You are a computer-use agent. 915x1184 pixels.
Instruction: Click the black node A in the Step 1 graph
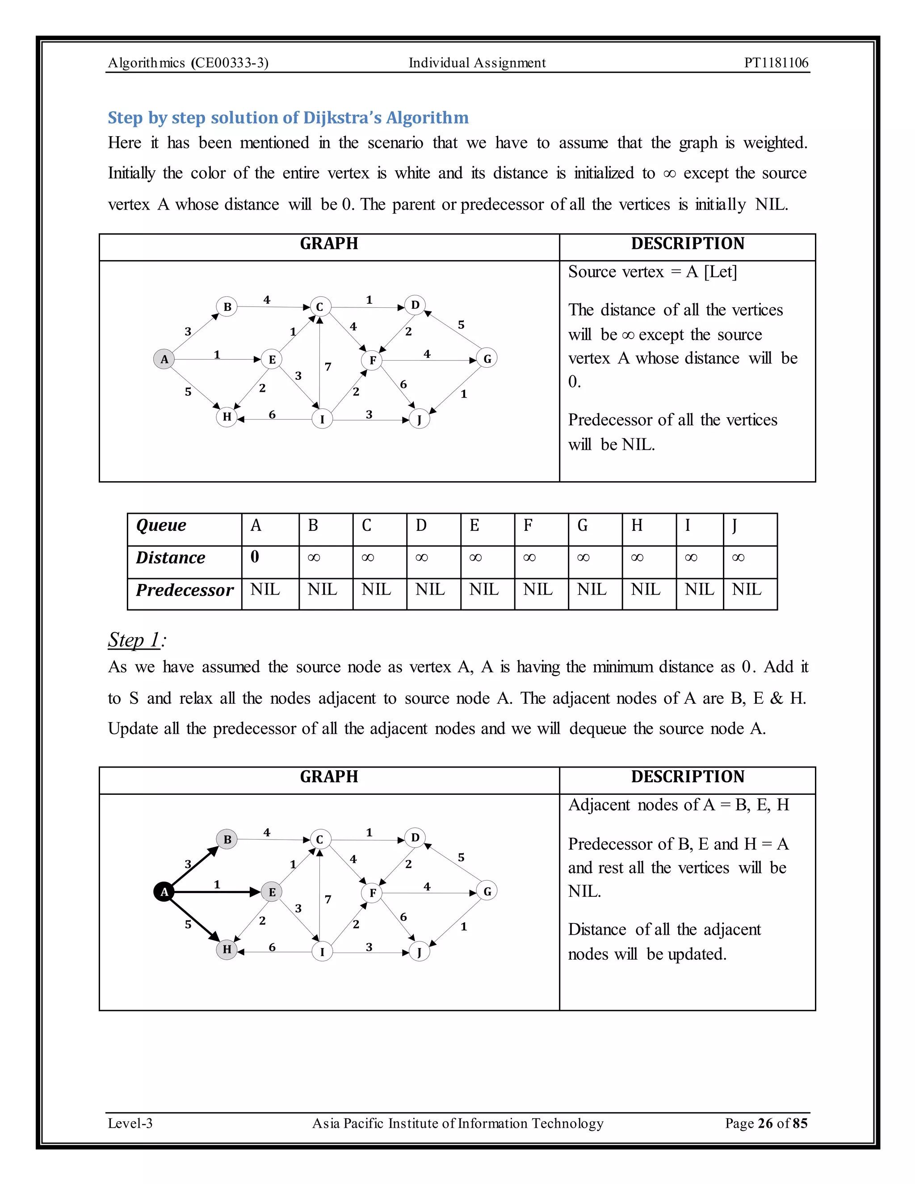[164, 891]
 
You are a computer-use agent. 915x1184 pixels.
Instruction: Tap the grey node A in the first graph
[164, 359]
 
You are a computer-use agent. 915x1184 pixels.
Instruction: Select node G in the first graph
[487, 358]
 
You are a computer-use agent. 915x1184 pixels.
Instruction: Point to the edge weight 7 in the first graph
[328, 367]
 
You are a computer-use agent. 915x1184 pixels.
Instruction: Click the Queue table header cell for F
[541, 525]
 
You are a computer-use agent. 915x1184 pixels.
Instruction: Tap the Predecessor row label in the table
[185, 590]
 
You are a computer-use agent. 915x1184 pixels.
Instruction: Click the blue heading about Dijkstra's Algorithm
[288, 118]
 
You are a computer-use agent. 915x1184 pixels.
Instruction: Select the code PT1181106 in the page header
[776, 63]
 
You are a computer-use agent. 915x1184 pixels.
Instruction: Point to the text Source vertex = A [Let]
[652, 272]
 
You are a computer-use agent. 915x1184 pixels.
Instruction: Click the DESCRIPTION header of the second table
[687, 777]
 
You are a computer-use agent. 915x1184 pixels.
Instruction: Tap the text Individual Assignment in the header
[477, 63]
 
